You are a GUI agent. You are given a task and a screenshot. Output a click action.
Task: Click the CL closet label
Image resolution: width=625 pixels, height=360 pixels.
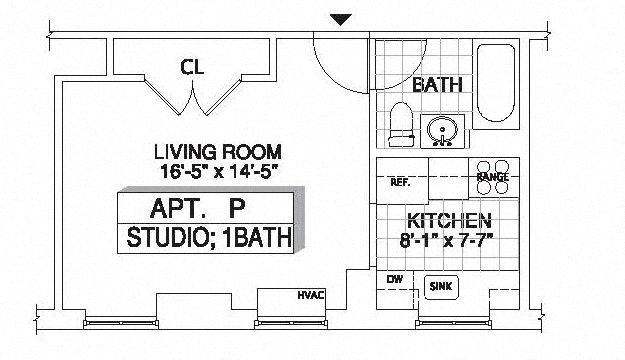pyautogui.click(x=192, y=67)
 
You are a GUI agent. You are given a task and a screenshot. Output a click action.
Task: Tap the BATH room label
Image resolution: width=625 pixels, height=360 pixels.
pyautogui.click(x=437, y=85)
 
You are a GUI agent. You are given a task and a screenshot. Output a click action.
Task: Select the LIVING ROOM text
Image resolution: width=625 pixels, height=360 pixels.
pyautogui.click(x=218, y=152)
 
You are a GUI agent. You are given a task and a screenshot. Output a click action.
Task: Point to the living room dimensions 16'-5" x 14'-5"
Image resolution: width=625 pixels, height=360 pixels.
pyautogui.click(x=218, y=171)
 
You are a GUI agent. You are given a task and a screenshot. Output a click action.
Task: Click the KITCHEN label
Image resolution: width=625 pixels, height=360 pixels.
pyautogui.click(x=449, y=220)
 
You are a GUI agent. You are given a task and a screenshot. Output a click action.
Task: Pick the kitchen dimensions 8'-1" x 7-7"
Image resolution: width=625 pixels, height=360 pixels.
pyautogui.click(x=446, y=240)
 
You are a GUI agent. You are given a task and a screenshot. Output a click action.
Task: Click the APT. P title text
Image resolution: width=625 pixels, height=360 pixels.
pyautogui.click(x=197, y=208)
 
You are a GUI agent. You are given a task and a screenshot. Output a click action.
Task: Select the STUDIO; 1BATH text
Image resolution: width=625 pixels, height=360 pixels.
pyautogui.click(x=209, y=237)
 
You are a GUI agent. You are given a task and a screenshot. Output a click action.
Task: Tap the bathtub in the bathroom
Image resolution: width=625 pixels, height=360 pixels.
pyautogui.click(x=496, y=83)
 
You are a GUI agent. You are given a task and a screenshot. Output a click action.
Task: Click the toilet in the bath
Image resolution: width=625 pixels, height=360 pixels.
pyautogui.click(x=400, y=124)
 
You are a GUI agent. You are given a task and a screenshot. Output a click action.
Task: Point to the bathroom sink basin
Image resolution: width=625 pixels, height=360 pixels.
pyautogui.click(x=442, y=131)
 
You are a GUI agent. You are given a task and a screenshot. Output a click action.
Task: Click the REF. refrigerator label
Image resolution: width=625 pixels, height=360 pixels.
pyautogui.click(x=400, y=182)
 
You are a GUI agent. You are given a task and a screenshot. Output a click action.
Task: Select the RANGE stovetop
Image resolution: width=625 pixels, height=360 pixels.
pyautogui.click(x=493, y=177)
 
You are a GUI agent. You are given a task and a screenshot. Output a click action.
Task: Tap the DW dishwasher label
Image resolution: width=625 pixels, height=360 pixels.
pyautogui.click(x=395, y=279)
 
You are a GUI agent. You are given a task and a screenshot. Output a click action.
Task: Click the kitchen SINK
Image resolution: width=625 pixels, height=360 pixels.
pyautogui.click(x=441, y=287)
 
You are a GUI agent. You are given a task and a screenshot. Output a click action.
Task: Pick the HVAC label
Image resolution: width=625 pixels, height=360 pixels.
pyautogui.click(x=311, y=295)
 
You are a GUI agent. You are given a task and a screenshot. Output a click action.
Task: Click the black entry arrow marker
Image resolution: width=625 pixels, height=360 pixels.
pyautogui.click(x=340, y=20)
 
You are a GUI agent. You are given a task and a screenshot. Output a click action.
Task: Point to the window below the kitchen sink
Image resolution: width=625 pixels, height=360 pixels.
pyautogui.click(x=453, y=323)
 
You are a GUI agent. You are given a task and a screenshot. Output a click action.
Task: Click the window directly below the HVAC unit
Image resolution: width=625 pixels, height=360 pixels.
pyautogui.click(x=291, y=323)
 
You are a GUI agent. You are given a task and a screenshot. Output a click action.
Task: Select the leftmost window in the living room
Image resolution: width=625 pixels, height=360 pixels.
pyautogui.click(x=121, y=323)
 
